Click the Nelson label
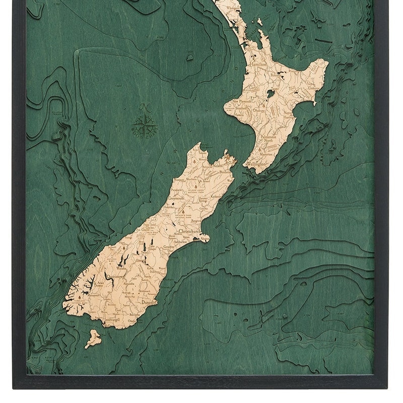(x=217, y=166)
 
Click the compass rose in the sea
(x=144, y=125)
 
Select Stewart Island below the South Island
(x=93, y=339)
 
